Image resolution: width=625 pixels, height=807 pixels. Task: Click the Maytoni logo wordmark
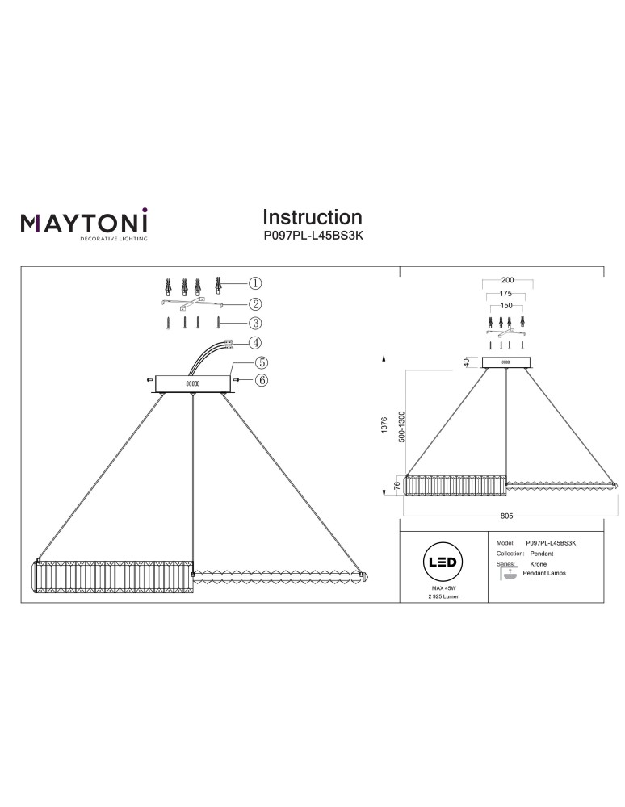click(84, 221)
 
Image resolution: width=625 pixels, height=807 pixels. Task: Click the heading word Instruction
click(312, 217)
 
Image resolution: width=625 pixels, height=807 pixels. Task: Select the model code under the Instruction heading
click(312, 238)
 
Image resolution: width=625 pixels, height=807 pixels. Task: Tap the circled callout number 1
click(254, 283)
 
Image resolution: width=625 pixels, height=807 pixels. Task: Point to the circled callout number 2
click(254, 304)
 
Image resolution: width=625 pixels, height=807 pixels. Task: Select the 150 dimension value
click(507, 307)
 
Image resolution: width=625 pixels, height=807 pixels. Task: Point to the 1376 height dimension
click(385, 424)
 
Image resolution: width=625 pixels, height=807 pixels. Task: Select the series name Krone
click(538, 564)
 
